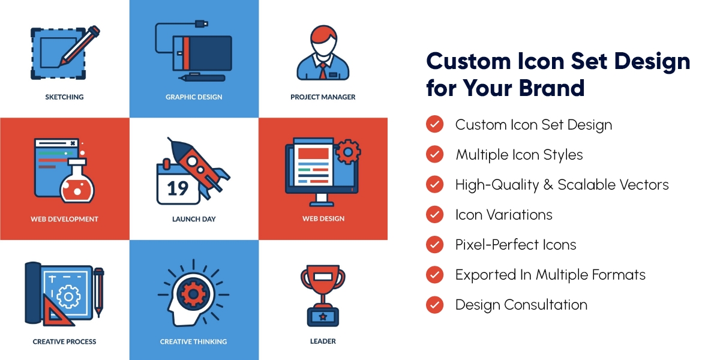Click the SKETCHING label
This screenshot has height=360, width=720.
tap(64, 97)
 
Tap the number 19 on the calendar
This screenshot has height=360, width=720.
tap(178, 188)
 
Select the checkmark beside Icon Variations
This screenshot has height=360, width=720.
tap(434, 214)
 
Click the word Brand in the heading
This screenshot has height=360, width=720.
tap(551, 88)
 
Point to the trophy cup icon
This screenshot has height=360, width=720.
tap(323, 296)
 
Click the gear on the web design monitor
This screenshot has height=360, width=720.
tap(348, 152)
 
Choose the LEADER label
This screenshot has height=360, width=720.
tap(323, 341)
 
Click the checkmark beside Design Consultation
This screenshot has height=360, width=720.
tap(434, 304)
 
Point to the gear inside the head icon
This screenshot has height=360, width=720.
tap(193, 293)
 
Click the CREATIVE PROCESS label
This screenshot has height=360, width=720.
tap(64, 341)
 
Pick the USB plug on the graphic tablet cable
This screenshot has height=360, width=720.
tap(202, 23)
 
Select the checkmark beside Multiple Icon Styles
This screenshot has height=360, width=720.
tap(434, 154)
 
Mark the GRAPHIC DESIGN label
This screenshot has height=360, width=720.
tap(194, 97)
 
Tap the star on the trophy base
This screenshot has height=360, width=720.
tap(323, 317)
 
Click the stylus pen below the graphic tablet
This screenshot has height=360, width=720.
tap(202, 78)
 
